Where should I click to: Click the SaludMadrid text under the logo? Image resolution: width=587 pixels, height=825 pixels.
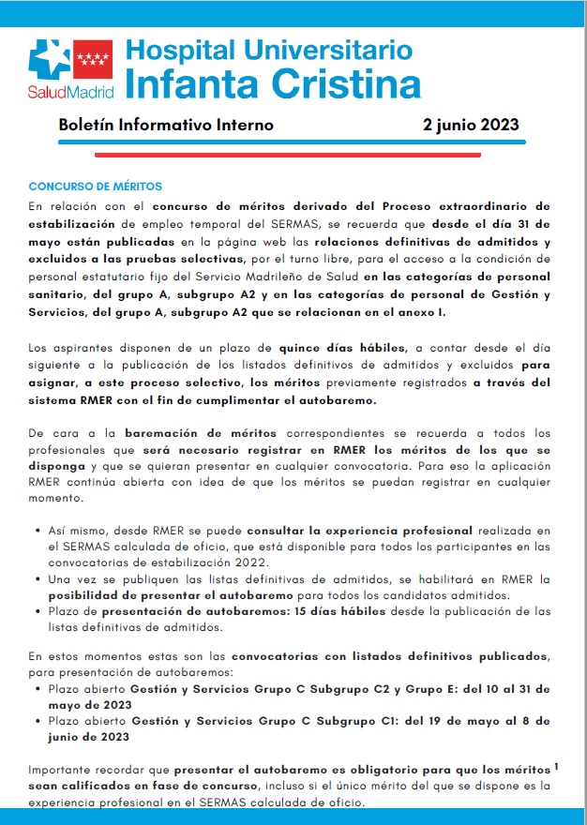pyautogui.click(x=70, y=94)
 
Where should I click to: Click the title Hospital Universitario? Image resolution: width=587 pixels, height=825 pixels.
pyautogui.click(x=267, y=50)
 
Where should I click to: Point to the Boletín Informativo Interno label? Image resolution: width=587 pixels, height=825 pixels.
pyautogui.click(x=166, y=125)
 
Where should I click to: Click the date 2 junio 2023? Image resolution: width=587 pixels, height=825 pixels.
pyautogui.click(x=471, y=125)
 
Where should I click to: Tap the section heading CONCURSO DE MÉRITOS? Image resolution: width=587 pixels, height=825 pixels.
pyautogui.click(x=96, y=187)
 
